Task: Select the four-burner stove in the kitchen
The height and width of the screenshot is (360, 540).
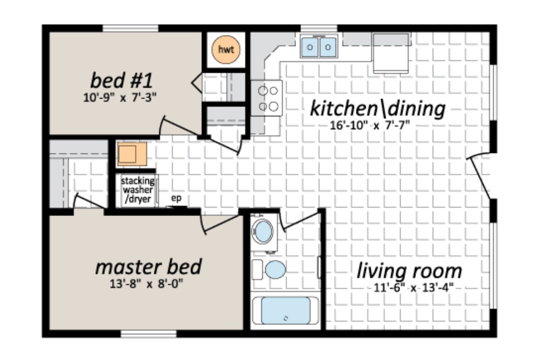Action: pyautogui.click(x=266, y=99)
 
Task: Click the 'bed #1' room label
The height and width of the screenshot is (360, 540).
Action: pyautogui.click(x=121, y=81)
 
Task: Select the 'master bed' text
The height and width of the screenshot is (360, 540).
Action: pyautogui.click(x=148, y=267)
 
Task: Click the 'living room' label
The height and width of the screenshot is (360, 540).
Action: pyautogui.click(x=409, y=271)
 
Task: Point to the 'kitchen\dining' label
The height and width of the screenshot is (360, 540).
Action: pyautogui.click(x=378, y=108)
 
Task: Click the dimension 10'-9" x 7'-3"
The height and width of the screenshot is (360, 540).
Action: pyautogui.click(x=121, y=97)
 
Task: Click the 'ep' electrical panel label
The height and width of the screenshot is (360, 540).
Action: pyautogui.click(x=176, y=198)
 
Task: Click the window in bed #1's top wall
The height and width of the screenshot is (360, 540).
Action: pyautogui.click(x=130, y=28)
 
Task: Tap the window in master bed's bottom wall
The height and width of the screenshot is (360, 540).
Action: pyautogui.click(x=148, y=334)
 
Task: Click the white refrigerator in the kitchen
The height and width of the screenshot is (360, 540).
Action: pyautogui.click(x=391, y=54)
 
